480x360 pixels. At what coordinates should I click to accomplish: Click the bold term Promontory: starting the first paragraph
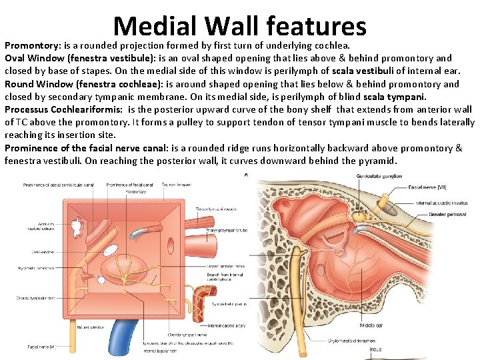[33, 47]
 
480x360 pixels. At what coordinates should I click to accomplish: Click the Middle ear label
[371, 325]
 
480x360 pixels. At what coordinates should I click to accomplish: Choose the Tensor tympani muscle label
[216, 209]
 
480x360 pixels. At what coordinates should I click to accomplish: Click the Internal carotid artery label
[227, 326]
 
